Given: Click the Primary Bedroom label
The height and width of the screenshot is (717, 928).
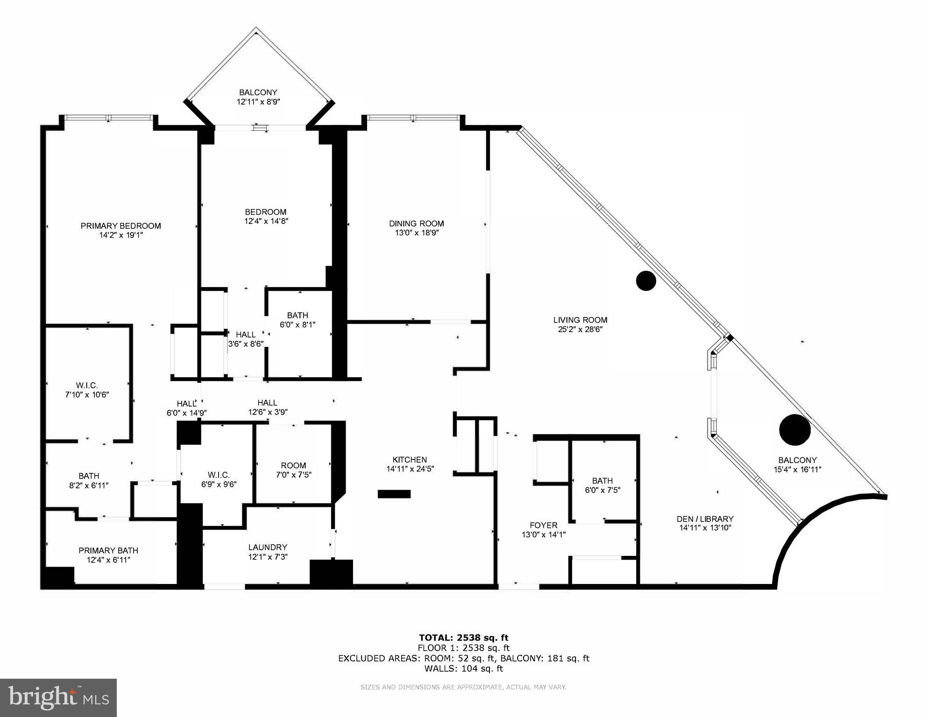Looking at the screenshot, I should coord(120,226).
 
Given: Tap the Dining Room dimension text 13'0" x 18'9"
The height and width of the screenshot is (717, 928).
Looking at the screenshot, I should coord(416,233).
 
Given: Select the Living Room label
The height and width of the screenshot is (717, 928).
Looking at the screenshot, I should coord(580,320).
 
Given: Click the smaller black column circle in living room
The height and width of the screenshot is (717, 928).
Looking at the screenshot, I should coord(646,281).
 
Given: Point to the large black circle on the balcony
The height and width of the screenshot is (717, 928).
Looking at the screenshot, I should coord(794,429).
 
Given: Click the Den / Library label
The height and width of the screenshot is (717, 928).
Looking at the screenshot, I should coord(705,519).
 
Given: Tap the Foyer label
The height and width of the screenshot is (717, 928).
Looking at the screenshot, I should coord(543,525).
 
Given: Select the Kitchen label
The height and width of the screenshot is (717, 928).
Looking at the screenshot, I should coord(410,459).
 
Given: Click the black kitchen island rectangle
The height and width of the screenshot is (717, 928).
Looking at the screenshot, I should coord(394,494).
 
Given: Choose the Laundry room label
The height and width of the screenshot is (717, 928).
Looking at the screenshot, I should coord(268,547).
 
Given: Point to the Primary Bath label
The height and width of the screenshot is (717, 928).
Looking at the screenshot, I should coord(108,550).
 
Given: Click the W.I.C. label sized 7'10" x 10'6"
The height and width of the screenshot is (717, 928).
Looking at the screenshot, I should coord(87,385).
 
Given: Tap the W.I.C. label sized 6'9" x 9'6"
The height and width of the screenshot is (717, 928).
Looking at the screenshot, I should coord(219,475).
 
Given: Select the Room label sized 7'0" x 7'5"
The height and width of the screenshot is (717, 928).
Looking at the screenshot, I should coord(293,465).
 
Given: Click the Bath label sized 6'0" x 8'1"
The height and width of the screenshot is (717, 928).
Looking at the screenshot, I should coord(298,315).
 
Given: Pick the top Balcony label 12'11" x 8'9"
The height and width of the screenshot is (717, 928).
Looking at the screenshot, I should coord(258,92).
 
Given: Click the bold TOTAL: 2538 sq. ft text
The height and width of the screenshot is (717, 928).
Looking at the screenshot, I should coord(463,637).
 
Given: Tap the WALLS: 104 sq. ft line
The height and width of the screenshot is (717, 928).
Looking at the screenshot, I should coord(463,668).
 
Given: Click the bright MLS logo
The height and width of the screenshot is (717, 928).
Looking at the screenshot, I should coord(58,697).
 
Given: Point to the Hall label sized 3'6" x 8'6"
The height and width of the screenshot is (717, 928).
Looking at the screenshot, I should coord(246,334).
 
